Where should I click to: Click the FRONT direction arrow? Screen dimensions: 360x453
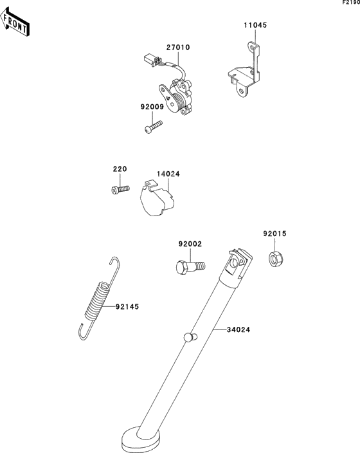[14, 22]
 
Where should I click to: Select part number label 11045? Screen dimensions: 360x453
[255, 25]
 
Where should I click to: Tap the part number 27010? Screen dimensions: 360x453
[178, 47]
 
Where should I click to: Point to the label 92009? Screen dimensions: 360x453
[152, 107]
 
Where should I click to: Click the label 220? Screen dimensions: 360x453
[120, 169]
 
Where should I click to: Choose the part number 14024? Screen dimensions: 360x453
[168, 174]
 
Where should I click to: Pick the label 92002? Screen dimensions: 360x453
[190, 244]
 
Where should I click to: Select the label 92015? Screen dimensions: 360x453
[274, 234]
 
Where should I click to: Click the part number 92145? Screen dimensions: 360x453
[127, 306]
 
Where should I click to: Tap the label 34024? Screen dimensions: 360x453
[239, 329]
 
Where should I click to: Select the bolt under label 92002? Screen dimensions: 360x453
[190, 266]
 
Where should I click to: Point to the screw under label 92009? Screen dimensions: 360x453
[153, 127]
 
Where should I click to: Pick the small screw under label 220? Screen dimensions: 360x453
[120, 189]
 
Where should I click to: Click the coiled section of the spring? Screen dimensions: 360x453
[97, 300]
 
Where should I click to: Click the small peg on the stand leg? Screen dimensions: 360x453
[190, 337]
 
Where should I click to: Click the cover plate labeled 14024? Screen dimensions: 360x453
[156, 198]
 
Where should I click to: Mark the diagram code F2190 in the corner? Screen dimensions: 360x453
[351, 3]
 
